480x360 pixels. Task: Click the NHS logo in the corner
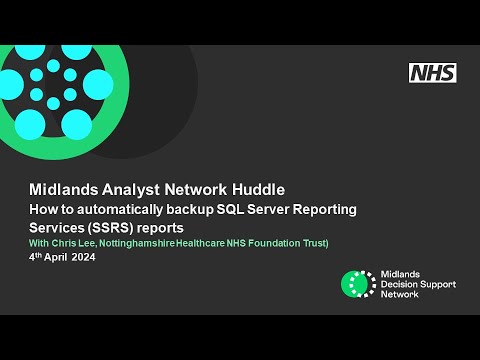432,72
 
